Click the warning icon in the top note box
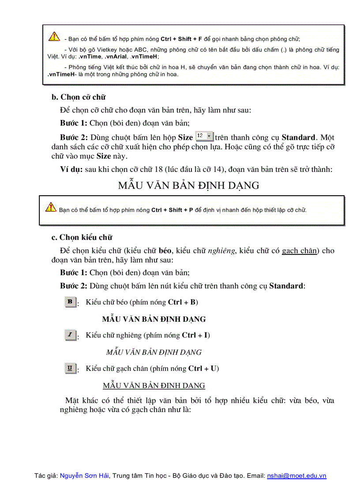coord(54,37)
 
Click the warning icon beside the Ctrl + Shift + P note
coord(51,207)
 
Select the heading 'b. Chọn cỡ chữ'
coord(79,97)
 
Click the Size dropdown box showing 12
coord(204,137)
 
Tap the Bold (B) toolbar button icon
coord(70,302)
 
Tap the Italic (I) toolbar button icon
coord(70,335)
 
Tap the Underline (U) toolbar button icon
coord(70,368)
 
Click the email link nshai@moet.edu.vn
coord(296,476)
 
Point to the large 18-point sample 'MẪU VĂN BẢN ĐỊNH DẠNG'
coord(188,186)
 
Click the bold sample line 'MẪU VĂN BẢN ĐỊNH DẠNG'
coord(154,319)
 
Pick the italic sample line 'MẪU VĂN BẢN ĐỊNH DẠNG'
coord(154,352)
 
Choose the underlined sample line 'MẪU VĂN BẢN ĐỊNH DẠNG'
coord(154,386)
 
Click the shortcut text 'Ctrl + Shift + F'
coord(181,39)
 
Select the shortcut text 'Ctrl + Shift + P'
coord(172,210)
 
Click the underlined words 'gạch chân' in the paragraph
coord(299,251)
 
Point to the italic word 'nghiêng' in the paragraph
coord(221,251)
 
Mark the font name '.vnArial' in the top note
coord(116,56)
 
